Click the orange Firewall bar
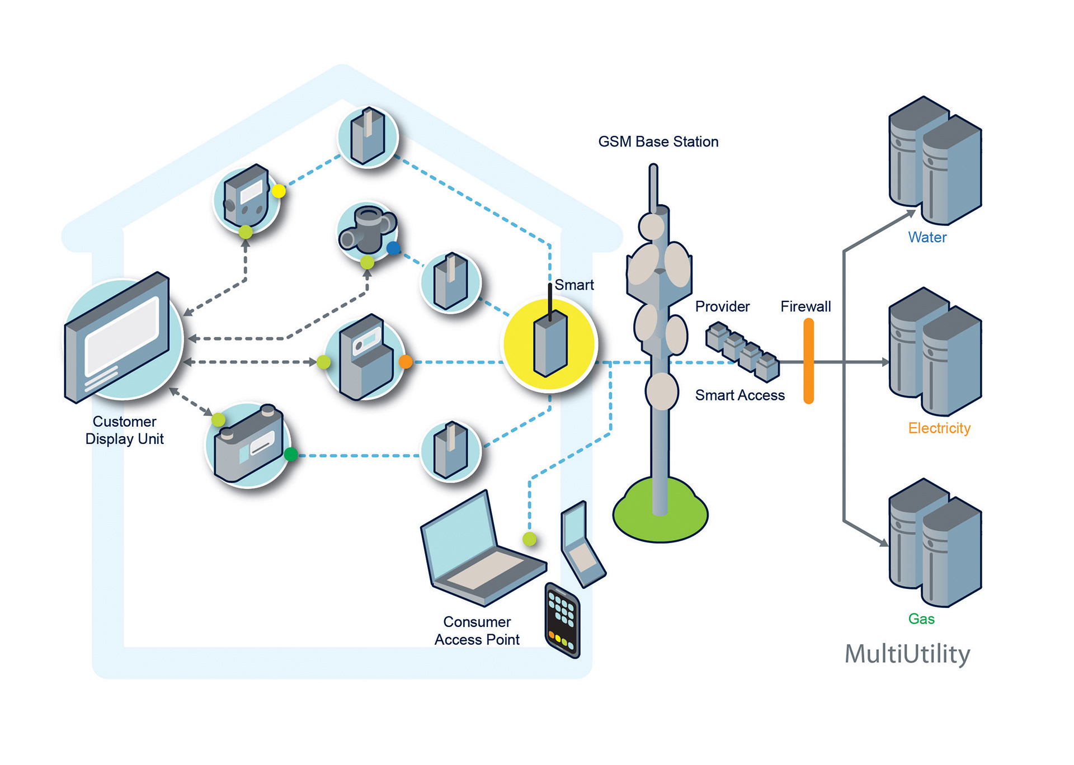(808, 361)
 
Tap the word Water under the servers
(927, 237)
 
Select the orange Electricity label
(939, 428)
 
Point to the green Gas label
(921, 618)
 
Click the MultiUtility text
(907, 654)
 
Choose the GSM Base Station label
(658, 141)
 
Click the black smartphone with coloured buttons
(563, 620)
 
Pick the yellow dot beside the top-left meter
(279, 191)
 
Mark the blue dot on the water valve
(393, 248)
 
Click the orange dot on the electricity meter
(406, 362)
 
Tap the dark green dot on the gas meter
(291, 454)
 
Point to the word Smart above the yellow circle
(574, 285)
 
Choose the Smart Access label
(739, 395)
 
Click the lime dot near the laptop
(529, 539)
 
